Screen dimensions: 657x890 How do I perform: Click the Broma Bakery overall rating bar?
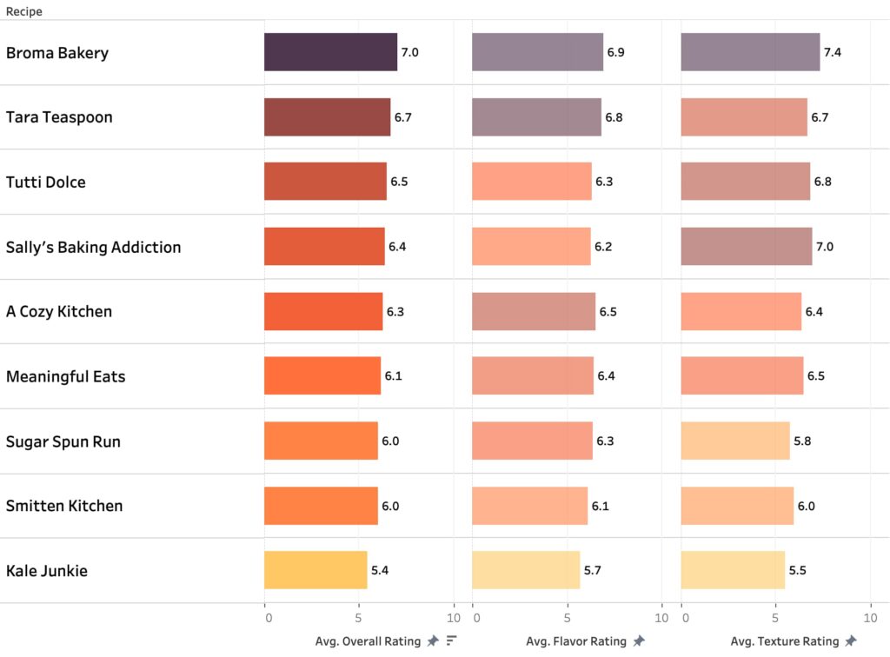coord(330,52)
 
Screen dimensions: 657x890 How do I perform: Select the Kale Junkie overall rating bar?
coord(315,570)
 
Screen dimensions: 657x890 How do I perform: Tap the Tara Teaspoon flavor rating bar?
coord(536,117)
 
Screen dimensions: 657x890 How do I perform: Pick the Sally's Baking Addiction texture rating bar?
coord(746,247)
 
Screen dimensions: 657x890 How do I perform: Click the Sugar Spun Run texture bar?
coord(734,441)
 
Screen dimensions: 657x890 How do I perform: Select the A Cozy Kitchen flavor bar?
coord(534,311)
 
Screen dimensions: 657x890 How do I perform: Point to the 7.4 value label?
coord(832,52)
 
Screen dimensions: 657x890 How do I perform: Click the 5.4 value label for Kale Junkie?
coord(380,571)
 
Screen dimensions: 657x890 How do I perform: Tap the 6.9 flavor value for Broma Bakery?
coord(615,52)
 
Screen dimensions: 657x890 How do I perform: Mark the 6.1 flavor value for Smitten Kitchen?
coord(601,506)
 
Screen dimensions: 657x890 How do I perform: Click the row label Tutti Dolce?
coord(46,182)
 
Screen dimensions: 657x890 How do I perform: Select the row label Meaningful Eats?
coord(65,376)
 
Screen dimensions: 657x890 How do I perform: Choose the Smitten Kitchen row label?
coord(64,506)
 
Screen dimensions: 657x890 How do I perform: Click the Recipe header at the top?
coord(24,12)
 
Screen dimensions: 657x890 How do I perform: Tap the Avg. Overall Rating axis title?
coord(368,641)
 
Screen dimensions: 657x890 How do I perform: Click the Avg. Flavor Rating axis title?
coord(575,641)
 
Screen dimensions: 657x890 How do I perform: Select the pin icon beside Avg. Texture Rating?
coord(850,641)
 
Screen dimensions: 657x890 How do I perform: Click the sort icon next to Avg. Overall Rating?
coord(452,641)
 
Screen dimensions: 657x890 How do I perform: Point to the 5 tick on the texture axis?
coord(775,619)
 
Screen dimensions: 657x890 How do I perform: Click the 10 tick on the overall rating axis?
coord(453,619)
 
